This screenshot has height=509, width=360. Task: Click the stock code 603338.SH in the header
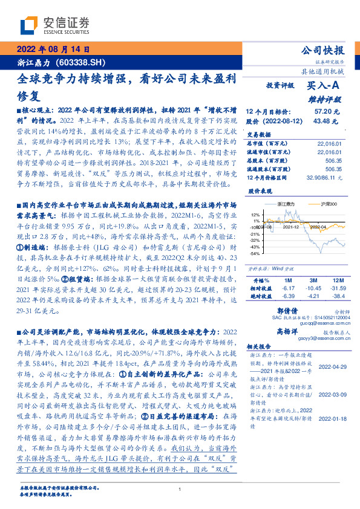[80, 62]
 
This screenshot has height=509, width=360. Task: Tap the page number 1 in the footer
[180, 490]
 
